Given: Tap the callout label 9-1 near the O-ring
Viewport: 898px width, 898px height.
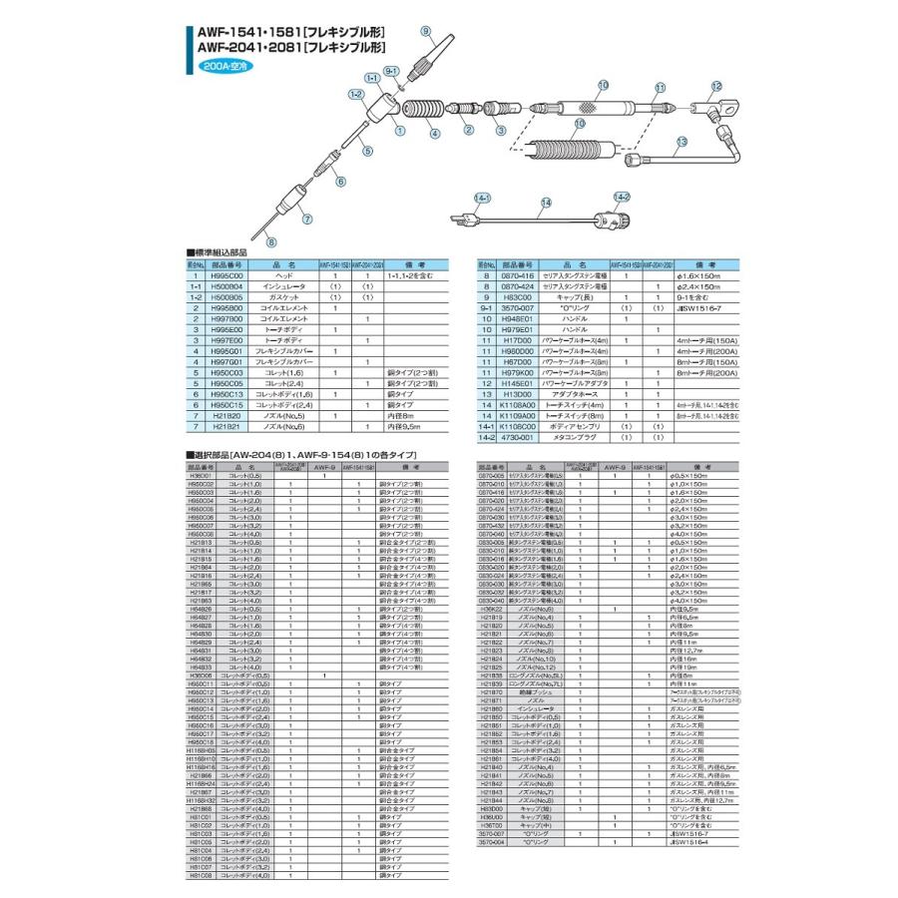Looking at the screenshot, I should pyautogui.click(x=391, y=71).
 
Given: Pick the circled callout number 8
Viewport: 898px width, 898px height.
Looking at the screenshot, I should pyautogui.click(x=271, y=240).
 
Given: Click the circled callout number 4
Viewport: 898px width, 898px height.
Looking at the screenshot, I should pyautogui.click(x=434, y=133).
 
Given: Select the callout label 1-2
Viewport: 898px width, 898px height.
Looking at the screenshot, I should pyautogui.click(x=354, y=93).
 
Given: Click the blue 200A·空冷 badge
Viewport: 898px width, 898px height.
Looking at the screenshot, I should pyautogui.click(x=225, y=64).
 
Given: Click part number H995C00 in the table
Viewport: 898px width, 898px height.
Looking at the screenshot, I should pyautogui.click(x=228, y=274).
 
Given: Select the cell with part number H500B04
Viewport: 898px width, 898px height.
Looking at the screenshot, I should pyautogui.click(x=228, y=284).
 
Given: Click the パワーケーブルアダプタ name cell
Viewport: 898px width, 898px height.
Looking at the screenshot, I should pyautogui.click(x=567, y=382).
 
